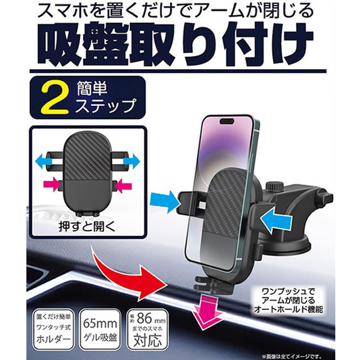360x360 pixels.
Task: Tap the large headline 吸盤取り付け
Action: pyautogui.click(x=175, y=43)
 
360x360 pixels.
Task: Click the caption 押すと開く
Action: pyautogui.click(x=87, y=226)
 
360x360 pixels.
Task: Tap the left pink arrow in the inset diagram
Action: pyautogui.click(x=51, y=184)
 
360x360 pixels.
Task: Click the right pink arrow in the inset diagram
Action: pyautogui.click(x=123, y=185)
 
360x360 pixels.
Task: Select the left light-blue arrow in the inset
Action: pyautogui.click(x=43, y=161)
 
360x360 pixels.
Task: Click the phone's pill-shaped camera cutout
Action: pyautogui.click(x=227, y=121)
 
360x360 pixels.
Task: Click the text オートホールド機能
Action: pyautogui.click(x=288, y=309)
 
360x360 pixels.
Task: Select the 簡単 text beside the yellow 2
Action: pyautogui.click(x=92, y=88)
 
